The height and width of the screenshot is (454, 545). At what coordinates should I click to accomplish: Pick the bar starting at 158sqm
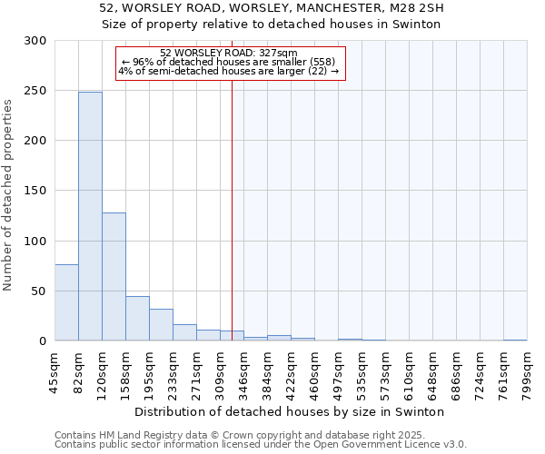(x=137, y=319)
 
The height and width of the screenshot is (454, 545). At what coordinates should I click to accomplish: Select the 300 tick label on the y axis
(x=36, y=41)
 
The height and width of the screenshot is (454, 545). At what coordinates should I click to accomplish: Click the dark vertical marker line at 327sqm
(x=232, y=209)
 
